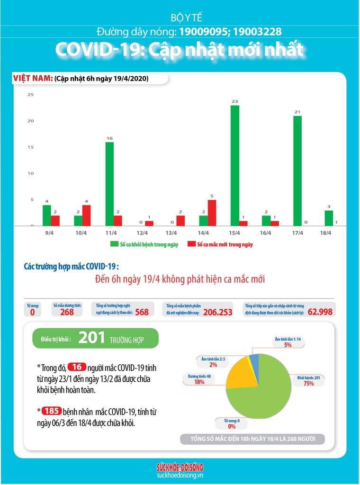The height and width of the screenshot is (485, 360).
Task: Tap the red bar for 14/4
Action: coord(212,213)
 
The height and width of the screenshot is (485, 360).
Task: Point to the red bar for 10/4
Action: coord(87,215)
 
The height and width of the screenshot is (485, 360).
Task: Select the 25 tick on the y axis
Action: coord(30,95)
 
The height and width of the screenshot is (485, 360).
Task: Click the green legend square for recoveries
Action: coord(114,244)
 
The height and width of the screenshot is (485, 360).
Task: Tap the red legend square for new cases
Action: coord(191,244)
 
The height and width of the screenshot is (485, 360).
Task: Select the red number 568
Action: coord(142,312)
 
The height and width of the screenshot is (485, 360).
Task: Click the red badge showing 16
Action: coord(76,367)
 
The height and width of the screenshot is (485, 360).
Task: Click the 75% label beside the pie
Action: coord(309,384)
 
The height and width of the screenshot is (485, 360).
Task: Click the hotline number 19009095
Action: coord(203,32)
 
